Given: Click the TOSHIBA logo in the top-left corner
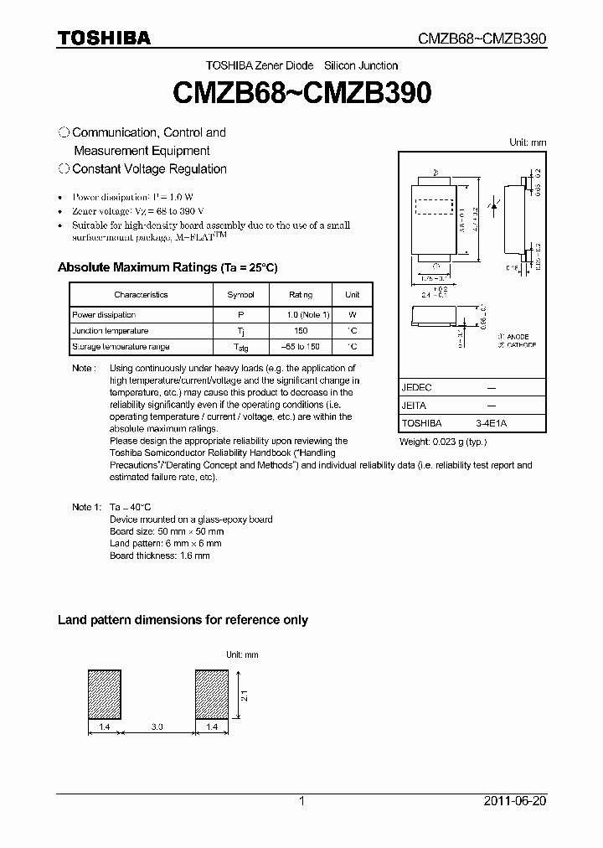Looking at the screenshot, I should click(104, 38).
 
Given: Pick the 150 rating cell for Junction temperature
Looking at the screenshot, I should click(300, 331).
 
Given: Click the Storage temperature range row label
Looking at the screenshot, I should click(121, 347).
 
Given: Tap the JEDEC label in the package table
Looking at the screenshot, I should click(416, 388).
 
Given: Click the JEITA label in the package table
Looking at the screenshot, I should click(415, 406).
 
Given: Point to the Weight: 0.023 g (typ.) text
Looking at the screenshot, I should click(442, 442).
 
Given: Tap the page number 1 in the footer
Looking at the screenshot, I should click(301, 802).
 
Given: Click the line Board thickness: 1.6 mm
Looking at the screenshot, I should click(160, 556).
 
